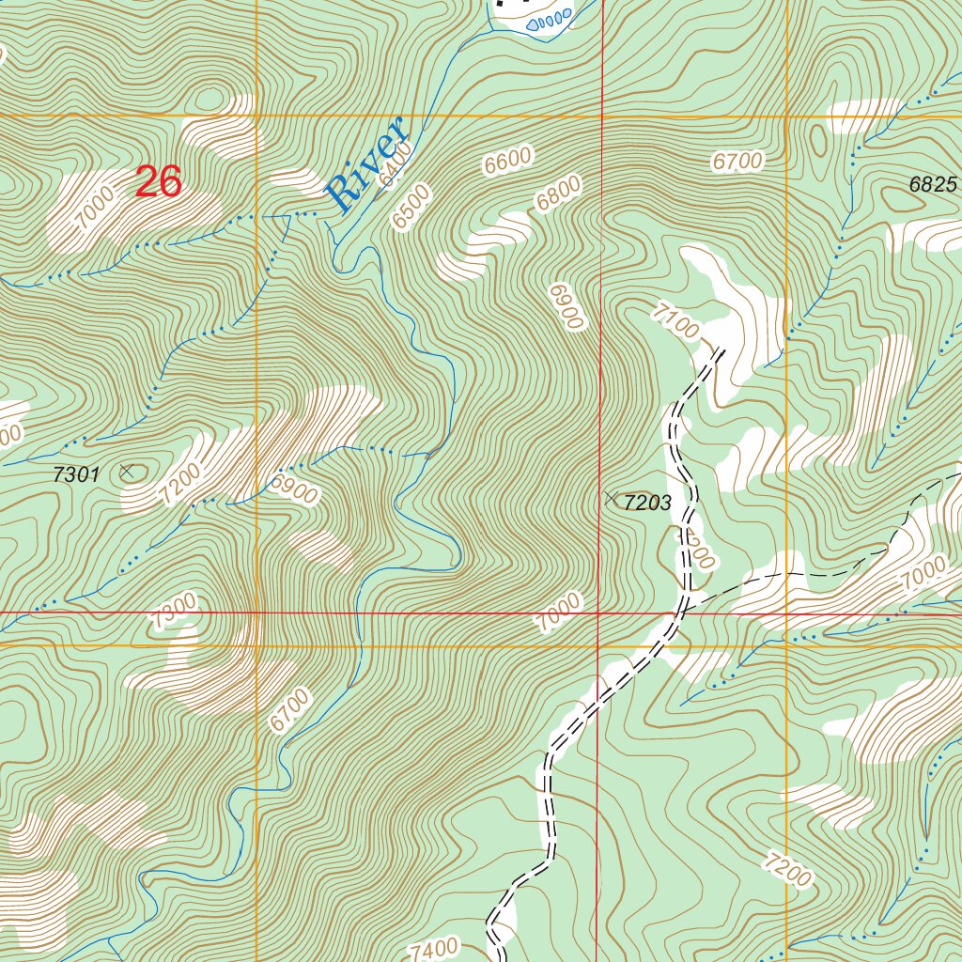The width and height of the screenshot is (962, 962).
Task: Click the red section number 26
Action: (158, 182)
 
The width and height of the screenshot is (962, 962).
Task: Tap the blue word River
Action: (365, 163)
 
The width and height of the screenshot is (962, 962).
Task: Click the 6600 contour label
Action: (508, 161)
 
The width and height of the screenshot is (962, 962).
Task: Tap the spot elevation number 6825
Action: (932, 185)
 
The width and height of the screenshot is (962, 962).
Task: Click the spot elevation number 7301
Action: (76, 475)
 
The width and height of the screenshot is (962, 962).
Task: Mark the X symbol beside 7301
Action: (127, 471)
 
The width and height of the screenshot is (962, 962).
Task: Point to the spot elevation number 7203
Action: (647, 503)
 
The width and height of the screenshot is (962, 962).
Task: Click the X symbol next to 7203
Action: (612, 497)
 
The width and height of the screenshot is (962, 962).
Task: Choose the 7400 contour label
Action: (434, 948)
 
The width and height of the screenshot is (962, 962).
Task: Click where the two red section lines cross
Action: (599, 613)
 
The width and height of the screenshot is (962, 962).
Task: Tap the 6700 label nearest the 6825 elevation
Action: (737, 162)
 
